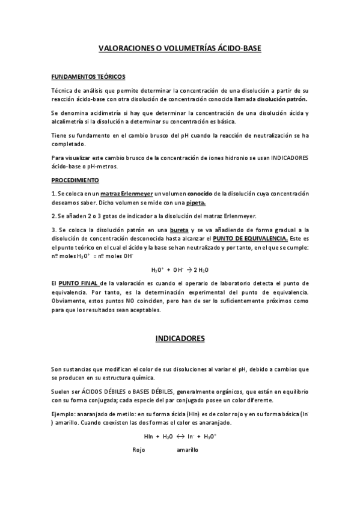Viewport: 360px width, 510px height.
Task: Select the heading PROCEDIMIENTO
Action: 76,180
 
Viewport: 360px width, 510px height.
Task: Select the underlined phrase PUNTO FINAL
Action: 78,283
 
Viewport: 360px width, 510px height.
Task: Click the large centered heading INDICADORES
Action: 180,339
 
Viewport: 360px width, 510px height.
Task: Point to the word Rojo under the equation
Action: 139,449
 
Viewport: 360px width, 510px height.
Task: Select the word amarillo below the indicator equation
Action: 188,449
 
